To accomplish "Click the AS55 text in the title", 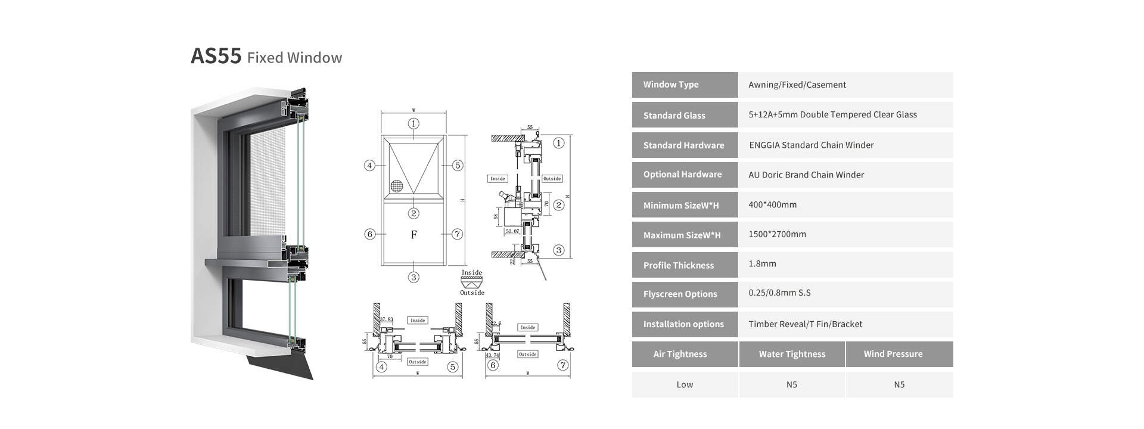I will pyautogui.click(x=216, y=56).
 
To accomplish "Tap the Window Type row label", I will pyautogui.click(x=671, y=85).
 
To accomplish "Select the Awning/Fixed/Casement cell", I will pyautogui.click(x=797, y=85).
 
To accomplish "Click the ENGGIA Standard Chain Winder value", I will pyautogui.click(x=811, y=145).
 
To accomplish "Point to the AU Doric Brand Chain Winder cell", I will pyautogui.click(x=806, y=175).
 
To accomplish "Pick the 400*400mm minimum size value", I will pyautogui.click(x=772, y=204).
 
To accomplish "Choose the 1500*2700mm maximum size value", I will pyautogui.click(x=777, y=234).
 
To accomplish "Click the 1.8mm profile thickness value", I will pyautogui.click(x=762, y=263).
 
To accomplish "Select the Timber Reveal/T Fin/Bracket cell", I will pyautogui.click(x=806, y=324).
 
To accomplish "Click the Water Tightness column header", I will pyautogui.click(x=792, y=354).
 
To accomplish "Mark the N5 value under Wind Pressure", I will pyautogui.click(x=899, y=384).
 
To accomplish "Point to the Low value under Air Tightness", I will pyautogui.click(x=685, y=384).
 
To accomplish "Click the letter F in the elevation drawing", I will pyautogui.click(x=414, y=235).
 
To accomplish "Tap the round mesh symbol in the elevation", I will pyautogui.click(x=397, y=185).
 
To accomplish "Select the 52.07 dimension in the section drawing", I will pyautogui.click(x=512, y=231).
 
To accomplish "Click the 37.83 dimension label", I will pyautogui.click(x=387, y=320).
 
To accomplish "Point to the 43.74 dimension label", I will pyautogui.click(x=493, y=355).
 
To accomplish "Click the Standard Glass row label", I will pyautogui.click(x=674, y=116).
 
